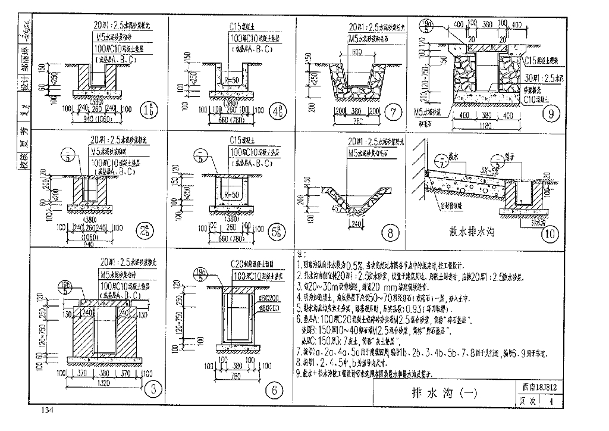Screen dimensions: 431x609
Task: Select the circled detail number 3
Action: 153,389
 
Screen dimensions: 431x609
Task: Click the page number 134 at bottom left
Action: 48,411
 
